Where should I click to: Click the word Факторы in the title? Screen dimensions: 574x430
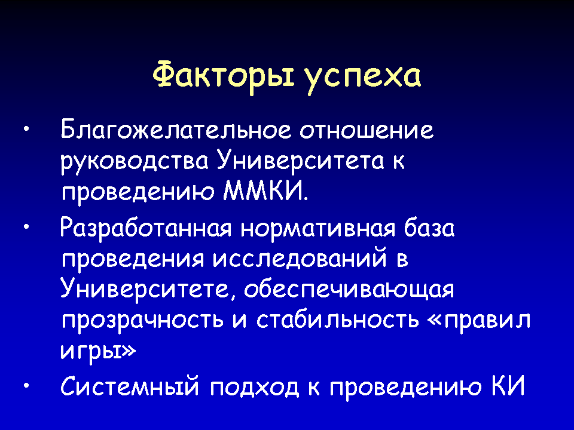[223, 77]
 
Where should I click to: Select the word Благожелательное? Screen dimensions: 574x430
[176, 130]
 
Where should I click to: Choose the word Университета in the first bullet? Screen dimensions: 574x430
[300, 161]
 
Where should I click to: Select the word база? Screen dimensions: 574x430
[429, 228]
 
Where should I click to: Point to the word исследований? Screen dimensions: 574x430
[299, 259]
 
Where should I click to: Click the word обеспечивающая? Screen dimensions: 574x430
[349, 290]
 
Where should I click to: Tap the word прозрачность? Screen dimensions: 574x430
[142, 321]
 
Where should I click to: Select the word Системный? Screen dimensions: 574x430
[130, 385]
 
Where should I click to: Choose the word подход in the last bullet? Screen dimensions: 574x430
[255, 387]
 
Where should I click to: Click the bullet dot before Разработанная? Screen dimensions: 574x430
[26, 228]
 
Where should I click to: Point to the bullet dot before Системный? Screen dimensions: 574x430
[26, 385]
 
